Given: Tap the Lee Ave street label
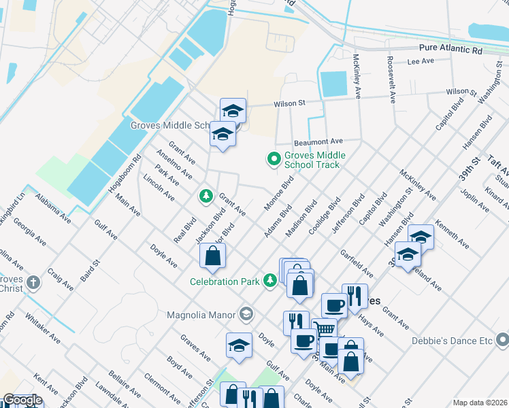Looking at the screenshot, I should [421, 61].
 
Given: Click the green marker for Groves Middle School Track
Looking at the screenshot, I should [274, 160].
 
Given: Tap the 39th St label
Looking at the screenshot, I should [469, 167].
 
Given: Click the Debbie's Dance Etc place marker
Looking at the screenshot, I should [502, 337].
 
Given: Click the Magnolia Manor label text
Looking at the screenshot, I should [201, 315].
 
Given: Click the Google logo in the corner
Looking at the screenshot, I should [22, 400].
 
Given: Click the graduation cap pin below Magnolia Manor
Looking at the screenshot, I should [239, 345].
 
